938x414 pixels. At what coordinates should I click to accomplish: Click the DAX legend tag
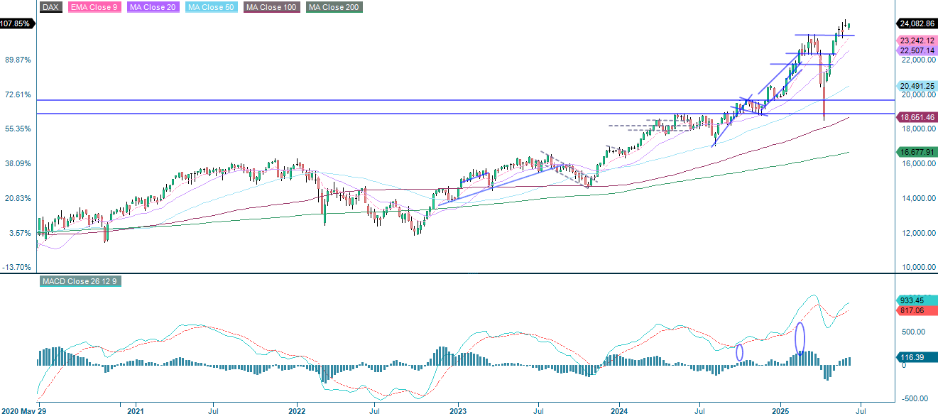50,7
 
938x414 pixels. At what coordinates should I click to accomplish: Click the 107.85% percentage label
16,23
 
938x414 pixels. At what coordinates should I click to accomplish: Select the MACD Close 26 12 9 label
79,282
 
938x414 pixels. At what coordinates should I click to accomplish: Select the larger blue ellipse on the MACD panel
800,339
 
